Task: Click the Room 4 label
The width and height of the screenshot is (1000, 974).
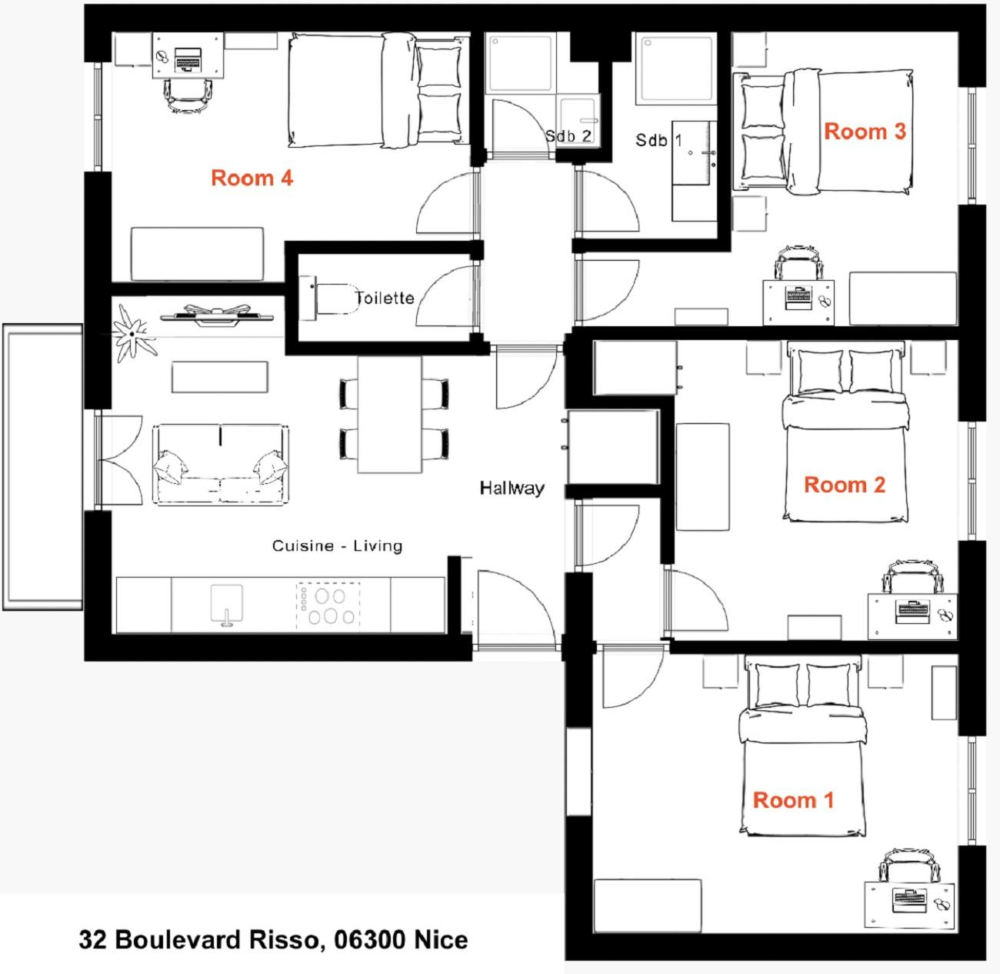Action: pyautogui.click(x=252, y=178)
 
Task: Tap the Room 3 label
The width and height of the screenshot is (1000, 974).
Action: pyautogui.click(x=865, y=132)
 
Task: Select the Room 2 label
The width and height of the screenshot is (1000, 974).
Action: pyautogui.click(x=845, y=485)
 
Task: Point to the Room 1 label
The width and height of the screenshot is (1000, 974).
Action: pyautogui.click(x=793, y=800)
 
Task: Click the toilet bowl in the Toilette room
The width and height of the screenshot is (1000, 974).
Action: pyautogui.click(x=337, y=299)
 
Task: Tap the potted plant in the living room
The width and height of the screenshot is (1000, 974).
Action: pyautogui.click(x=132, y=334)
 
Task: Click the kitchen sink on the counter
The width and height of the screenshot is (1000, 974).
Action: pyautogui.click(x=227, y=605)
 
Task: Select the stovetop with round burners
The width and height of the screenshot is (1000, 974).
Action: pyautogui.click(x=328, y=606)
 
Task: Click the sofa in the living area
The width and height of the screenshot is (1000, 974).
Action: pyautogui.click(x=221, y=464)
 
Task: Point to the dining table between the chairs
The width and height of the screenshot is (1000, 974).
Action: pyautogui.click(x=389, y=415)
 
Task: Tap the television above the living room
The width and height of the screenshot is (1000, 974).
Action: pyautogui.click(x=216, y=315)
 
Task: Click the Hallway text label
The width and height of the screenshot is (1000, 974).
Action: pyautogui.click(x=512, y=488)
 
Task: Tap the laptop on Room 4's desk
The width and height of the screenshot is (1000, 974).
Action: pyautogui.click(x=188, y=58)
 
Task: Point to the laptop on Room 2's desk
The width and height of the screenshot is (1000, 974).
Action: pyautogui.click(x=912, y=612)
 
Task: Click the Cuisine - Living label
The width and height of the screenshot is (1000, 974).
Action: pyautogui.click(x=337, y=545)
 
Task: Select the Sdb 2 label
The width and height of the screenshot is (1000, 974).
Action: pyautogui.click(x=568, y=136)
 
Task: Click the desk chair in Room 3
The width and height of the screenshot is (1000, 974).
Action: pyautogui.click(x=798, y=262)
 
